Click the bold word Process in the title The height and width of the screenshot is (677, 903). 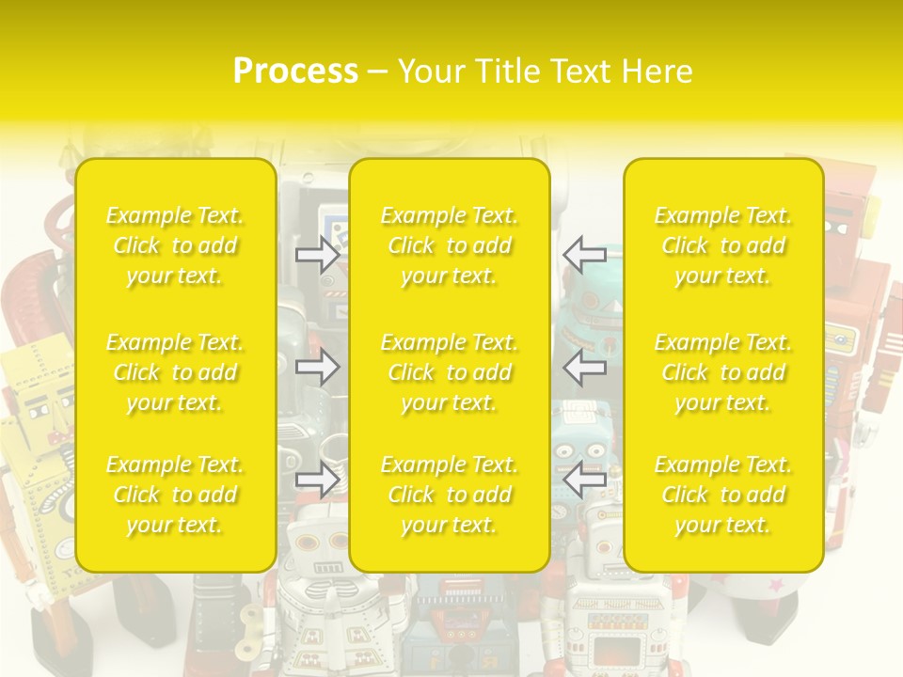coord(295,71)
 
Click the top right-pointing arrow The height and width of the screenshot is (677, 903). coord(317,254)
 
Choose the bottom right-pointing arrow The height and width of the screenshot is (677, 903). coord(317,480)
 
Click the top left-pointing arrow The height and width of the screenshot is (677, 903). coord(585,254)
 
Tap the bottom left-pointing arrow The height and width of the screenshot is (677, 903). coord(585,480)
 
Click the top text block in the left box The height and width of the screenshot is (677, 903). coord(175,245)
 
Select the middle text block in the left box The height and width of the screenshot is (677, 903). coord(175,372)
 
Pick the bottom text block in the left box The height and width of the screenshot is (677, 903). coord(175,495)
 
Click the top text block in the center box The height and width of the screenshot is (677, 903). coord(450,245)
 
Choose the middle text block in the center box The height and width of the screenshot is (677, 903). coord(450,372)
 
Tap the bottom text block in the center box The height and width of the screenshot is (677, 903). coord(450,495)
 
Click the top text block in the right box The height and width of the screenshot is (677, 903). coord(723,245)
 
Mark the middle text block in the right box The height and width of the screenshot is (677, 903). coord(723,372)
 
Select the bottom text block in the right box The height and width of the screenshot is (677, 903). coord(723,495)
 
